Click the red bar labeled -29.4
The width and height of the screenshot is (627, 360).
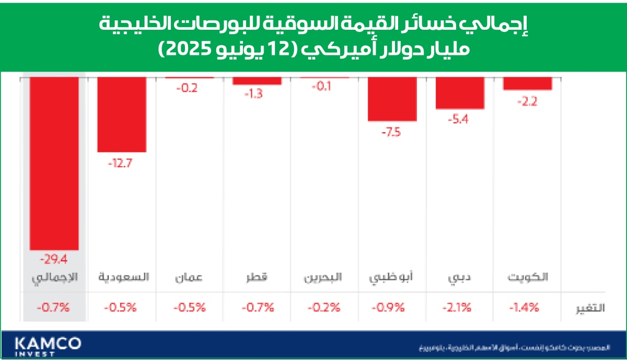[54, 163]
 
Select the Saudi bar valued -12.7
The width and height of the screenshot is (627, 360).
[122, 114]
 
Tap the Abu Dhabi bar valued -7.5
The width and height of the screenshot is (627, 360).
[392, 99]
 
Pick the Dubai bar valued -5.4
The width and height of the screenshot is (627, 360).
[460, 93]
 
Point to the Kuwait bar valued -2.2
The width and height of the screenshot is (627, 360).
[528, 84]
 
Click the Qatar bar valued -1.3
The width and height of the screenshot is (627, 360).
[257, 81]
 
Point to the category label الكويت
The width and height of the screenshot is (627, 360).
[528, 277]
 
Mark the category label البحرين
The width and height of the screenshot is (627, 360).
[323, 277]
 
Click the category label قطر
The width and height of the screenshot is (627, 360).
[257, 277]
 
